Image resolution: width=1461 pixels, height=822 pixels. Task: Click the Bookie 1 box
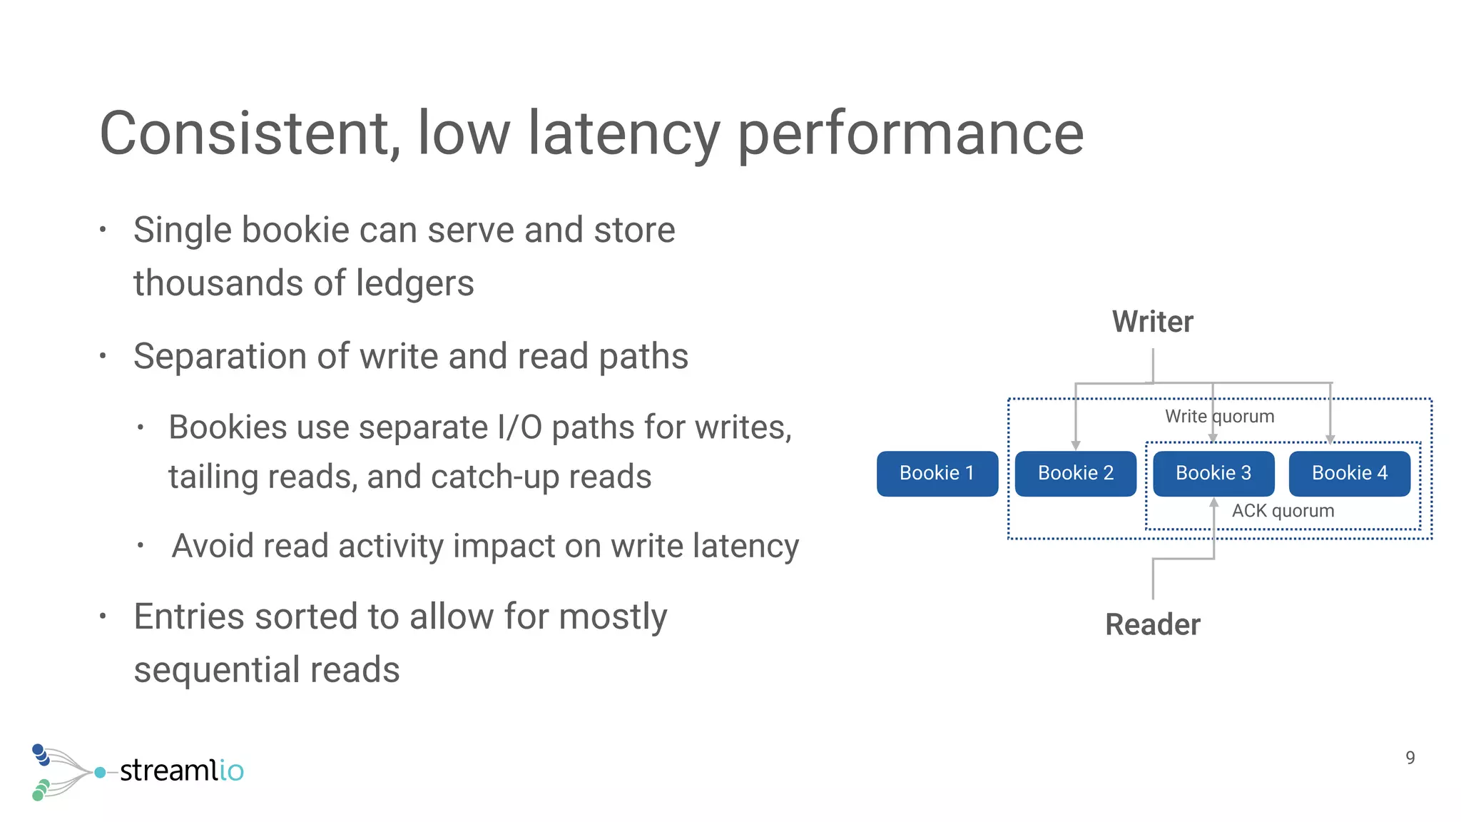click(x=937, y=473)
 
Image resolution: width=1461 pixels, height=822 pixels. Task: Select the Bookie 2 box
click(x=1075, y=473)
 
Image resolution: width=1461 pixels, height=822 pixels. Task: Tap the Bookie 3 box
click(x=1213, y=473)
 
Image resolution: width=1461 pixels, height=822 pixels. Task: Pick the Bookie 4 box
click(x=1349, y=473)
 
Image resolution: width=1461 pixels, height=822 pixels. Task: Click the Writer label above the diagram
click(x=1152, y=322)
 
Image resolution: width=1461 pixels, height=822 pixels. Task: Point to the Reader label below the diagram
click(x=1152, y=624)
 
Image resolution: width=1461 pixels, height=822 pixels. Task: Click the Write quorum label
click(x=1219, y=416)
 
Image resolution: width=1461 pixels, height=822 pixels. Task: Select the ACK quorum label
click(x=1282, y=511)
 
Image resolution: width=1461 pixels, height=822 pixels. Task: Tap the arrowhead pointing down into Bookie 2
click(x=1076, y=445)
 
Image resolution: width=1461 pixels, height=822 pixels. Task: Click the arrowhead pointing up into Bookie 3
click(x=1213, y=503)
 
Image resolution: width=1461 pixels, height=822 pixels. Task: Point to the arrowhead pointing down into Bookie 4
click(x=1330, y=440)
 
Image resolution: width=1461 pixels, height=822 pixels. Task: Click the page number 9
click(x=1410, y=758)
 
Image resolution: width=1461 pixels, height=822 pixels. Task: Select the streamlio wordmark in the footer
click(x=181, y=771)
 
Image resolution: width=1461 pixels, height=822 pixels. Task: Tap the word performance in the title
click(x=910, y=133)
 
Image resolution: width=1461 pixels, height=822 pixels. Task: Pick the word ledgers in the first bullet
click(x=414, y=283)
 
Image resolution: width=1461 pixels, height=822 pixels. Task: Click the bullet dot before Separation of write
click(x=103, y=355)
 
